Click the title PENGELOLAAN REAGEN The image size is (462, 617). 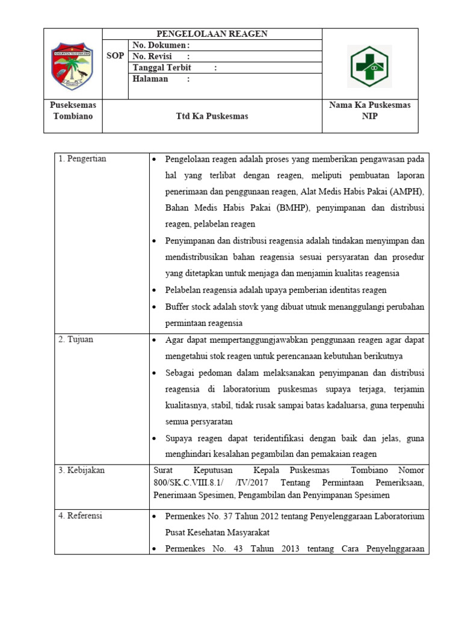(x=212, y=34)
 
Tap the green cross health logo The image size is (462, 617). (x=369, y=66)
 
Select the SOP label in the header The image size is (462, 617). (x=115, y=56)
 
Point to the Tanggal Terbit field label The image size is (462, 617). (x=162, y=67)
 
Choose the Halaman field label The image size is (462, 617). (x=150, y=79)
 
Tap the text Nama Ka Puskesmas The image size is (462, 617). (x=370, y=105)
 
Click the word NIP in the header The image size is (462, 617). (x=370, y=116)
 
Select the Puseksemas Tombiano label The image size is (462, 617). (x=73, y=110)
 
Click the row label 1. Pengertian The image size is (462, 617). (x=82, y=158)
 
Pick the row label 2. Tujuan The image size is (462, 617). (x=76, y=339)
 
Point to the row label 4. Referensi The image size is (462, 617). (x=81, y=516)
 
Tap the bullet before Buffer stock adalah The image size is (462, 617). (x=155, y=307)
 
